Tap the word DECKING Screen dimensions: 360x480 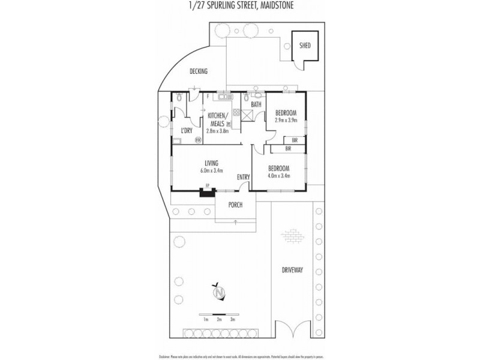[198, 71]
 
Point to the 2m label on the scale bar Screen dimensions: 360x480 [220, 320]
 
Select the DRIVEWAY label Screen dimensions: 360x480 [292, 271]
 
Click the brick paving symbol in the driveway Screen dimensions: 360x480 [292, 235]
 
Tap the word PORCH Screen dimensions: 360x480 [235, 205]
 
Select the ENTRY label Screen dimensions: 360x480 [243, 176]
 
